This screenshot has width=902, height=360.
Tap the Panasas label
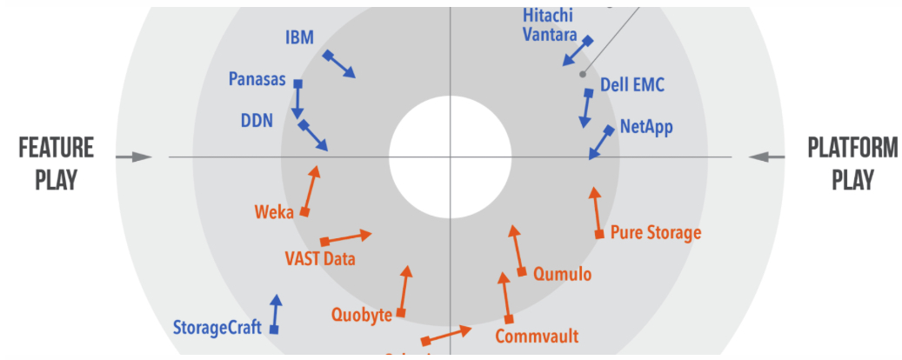[x=257, y=79]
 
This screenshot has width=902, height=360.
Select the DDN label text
[x=257, y=120]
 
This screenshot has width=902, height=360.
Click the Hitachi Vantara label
[x=550, y=25]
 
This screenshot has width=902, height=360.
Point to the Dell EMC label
[x=632, y=86]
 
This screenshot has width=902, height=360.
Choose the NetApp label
[x=646, y=127]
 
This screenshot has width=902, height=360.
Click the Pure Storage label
[x=655, y=232]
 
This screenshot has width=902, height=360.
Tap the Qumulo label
[x=562, y=274]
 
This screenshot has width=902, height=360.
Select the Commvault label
[x=537, y=336]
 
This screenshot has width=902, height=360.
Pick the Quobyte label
[x=362, y=315]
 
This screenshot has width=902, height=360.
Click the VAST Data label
[x=320, y=258]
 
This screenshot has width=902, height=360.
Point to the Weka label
[x=274, y=212]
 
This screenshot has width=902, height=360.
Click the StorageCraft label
[x=220, y=329]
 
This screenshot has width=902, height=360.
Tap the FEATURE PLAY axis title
[x=57, y=163]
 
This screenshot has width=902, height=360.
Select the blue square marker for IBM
[x=327, y=56]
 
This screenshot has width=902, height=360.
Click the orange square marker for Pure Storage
[x=599, y=234]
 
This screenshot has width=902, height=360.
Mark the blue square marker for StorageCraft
[x=274, y=330]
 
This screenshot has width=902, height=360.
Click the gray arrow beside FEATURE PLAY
[x=134, y=157]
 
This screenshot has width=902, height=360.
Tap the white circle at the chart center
[x=450, y=157]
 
